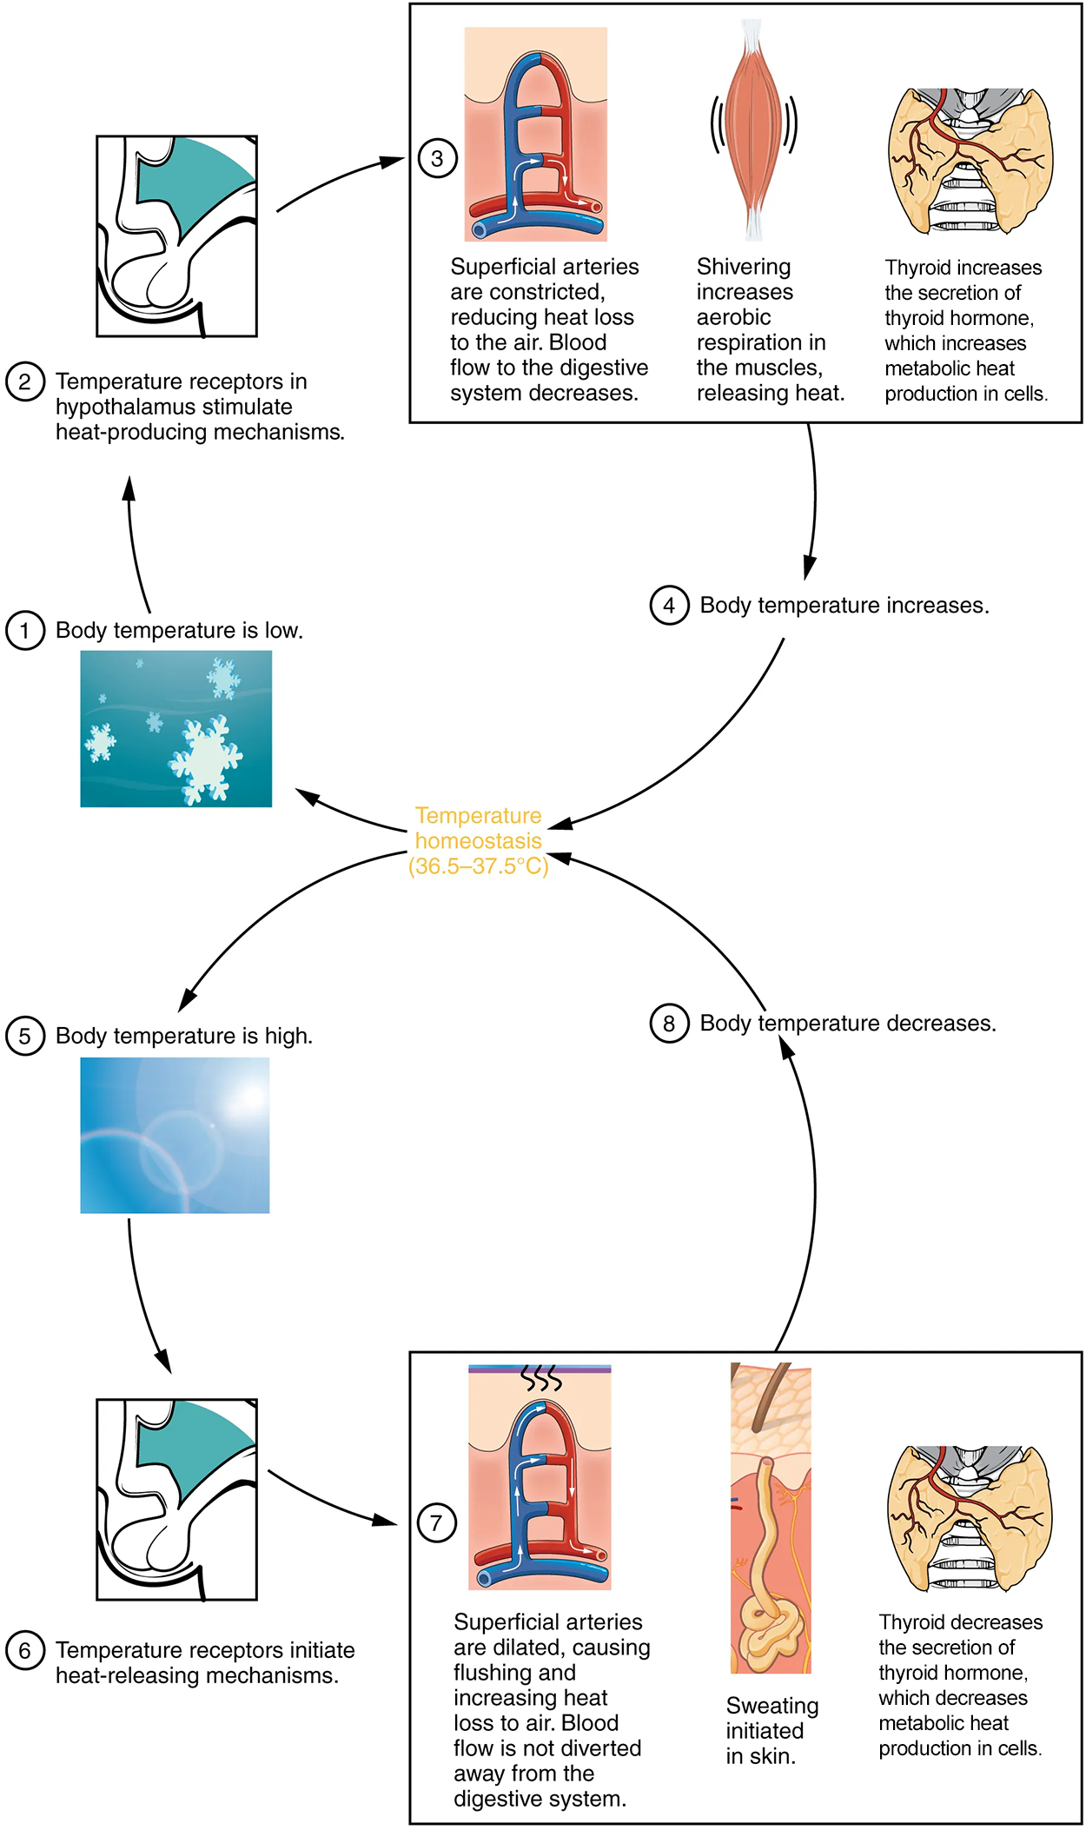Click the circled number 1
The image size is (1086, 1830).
click(x=25, y=630)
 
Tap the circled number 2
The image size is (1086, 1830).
click(x=25, y=381)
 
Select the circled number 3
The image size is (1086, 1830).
click(x=438, y=158)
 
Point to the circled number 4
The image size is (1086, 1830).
click(x=669, y=605)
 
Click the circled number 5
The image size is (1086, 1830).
click(x=25, y=1036)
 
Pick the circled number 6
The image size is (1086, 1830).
click(x=25, y=1650)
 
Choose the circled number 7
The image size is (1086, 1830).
click(x=437, y=1522)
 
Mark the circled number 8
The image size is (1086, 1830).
click(x=669, y=1023)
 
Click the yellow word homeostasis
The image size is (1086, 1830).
click(x=479, y=841)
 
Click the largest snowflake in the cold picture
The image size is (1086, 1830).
click(x=207, y=759)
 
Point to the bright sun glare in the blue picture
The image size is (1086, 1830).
click(x=244, y=1098)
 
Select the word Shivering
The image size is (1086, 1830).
click(x=744, y=267)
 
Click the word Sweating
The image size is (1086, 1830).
click(x=772, y=1706)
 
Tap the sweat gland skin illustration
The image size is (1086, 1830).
click(x=771, y=1517)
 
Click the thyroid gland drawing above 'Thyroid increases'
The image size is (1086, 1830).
click(x=970, y=161)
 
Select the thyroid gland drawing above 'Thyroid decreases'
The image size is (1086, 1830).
click(x=970, y=1518)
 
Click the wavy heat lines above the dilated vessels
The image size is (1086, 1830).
click(x=540, y=1377)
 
